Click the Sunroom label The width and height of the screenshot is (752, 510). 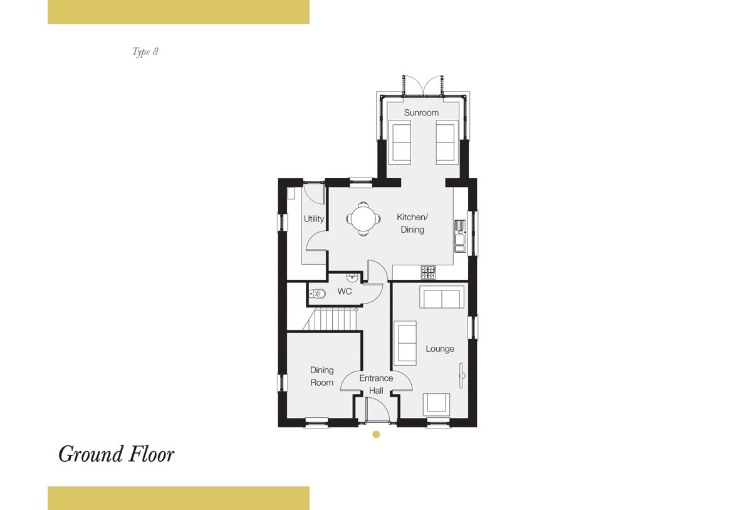click(421, 112)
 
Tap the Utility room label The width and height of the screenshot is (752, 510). click(313, 219)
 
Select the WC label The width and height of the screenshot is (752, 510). click(345, 291)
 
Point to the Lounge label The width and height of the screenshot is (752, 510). click(440, 349)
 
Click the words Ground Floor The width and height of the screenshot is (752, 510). click(116, 455)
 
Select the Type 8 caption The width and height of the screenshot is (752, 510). click(145, 51)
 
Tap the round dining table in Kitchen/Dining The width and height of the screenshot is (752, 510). click(363, 219)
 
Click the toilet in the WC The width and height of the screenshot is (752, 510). click(317, 294)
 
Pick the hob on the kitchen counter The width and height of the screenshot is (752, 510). click(429, 272)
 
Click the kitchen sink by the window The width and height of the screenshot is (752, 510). click(460, 236)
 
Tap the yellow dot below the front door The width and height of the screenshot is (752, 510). click(376, 434)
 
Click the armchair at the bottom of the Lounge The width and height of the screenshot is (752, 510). click(436, 405)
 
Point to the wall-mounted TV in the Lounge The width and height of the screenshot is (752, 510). click(462, 376)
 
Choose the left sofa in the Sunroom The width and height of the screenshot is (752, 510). click(400, 142)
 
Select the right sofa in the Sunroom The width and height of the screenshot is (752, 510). click(447, 142)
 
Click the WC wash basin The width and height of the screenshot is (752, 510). click(352, 278)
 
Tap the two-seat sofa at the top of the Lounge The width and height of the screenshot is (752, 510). click(441, 297)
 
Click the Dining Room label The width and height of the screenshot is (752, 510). click(321, 376)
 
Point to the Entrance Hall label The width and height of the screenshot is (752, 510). click(376, 385)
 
